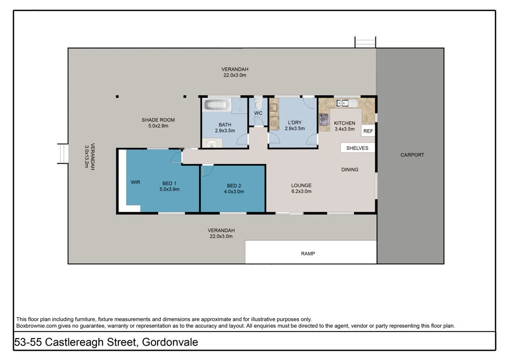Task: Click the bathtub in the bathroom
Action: coord(218,106)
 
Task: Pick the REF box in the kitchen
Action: coord(368,131)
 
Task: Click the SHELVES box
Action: coord(358,147)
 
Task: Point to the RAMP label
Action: coord(308,253)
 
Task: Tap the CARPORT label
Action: coord(412,155)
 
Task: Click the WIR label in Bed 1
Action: coord(135,182)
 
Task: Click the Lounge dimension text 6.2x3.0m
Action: coord(301,192)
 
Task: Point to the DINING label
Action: coord(350,170)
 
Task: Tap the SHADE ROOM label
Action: coord(155,120)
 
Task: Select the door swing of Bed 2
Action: coord(207,170)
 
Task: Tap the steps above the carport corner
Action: coord(365,42)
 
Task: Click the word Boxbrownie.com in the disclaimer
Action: coord(34,325)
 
